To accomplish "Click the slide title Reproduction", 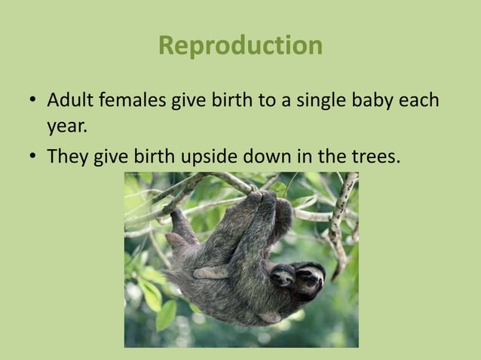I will click(x=240, y=46).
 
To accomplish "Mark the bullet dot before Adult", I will click(x=33, y=101).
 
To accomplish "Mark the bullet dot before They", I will click(x=33, y=157).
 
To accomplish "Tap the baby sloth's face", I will click(x=283, y=278).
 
